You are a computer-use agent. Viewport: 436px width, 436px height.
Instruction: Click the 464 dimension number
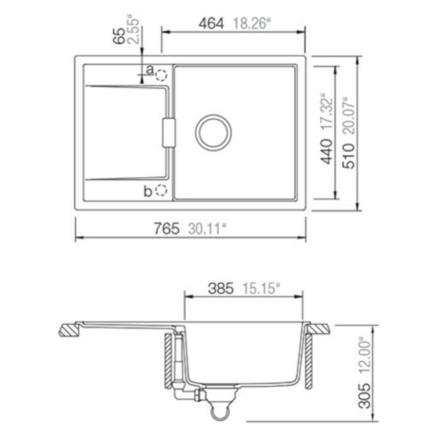211,23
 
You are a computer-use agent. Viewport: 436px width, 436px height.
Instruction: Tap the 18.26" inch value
250,23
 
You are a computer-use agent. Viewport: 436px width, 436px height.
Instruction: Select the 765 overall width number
167,229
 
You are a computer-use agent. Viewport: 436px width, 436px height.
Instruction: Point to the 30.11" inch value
206,229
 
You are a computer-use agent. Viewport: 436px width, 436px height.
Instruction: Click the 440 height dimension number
327,151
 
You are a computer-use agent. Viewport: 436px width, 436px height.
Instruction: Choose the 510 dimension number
349,156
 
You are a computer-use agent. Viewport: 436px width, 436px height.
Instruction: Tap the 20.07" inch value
349,115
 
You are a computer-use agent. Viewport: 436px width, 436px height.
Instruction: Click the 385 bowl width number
221,289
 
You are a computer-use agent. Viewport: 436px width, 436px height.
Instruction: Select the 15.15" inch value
259,289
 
